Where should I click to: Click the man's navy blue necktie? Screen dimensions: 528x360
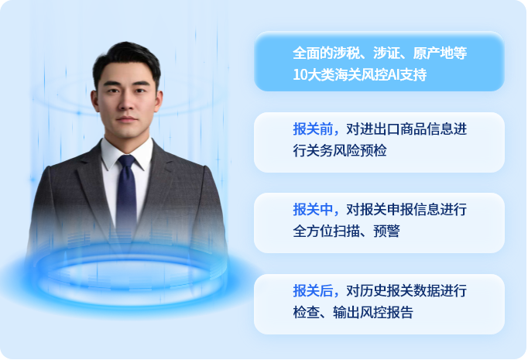(127, 192)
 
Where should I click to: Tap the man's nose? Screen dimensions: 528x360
(127, 102)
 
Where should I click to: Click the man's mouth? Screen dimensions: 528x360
(127, 119)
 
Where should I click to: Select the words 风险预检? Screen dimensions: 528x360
(360, 150)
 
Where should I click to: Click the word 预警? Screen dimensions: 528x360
(386, 231)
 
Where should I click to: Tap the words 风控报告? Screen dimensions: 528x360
(386, 312)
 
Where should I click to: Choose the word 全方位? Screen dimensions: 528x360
(313, 231)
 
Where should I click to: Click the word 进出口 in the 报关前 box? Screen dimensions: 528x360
(380, 129)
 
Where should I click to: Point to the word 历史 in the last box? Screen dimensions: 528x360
(373, 290)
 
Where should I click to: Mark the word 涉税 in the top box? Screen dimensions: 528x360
(346, 53)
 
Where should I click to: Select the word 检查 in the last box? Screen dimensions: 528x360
(306, 312)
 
